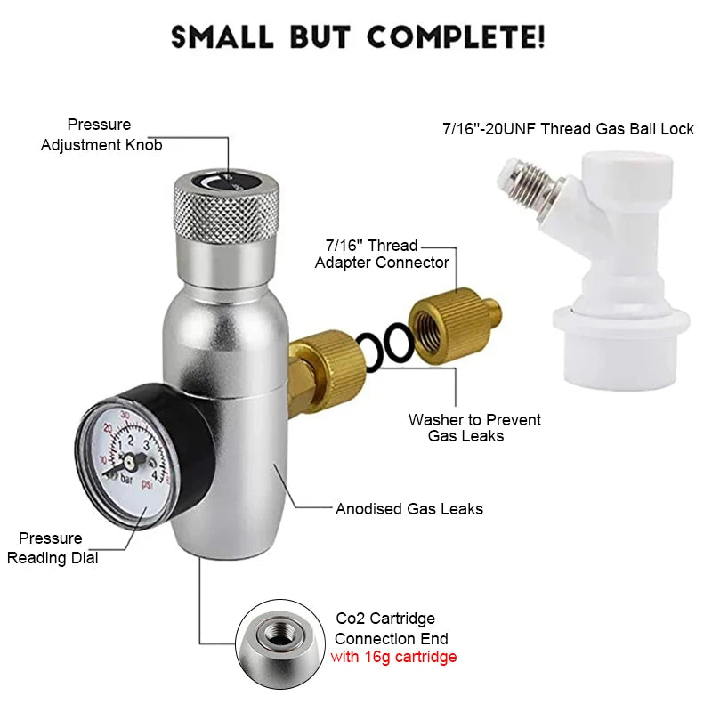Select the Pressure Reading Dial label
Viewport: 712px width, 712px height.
[x=53, y=548]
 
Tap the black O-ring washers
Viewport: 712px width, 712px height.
[x=385, y=344]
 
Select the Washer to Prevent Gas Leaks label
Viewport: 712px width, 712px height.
[x=474, y=427]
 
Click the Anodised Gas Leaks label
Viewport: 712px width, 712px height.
[x=409, y=509]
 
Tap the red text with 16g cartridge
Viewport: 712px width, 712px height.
[x=393, y=658]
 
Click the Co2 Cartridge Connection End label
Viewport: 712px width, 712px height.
[x=392, y=628]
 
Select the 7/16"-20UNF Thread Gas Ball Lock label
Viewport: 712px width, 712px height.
[x=568, y=129]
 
